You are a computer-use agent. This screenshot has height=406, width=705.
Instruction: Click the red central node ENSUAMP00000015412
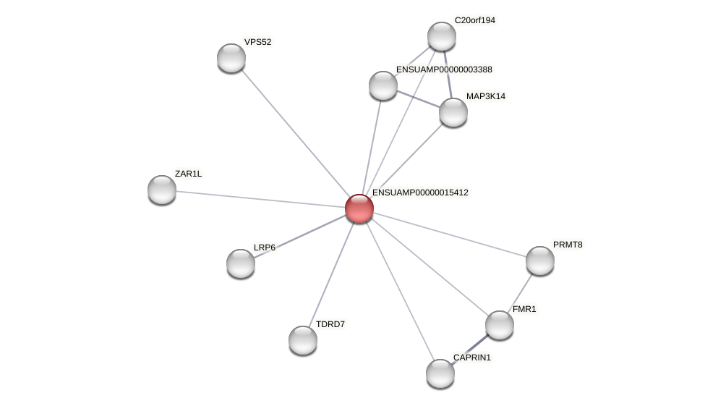(359, 208)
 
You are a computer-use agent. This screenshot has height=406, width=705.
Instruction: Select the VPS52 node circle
(231, 58)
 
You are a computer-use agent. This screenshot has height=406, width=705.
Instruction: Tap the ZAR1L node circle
(162, 190)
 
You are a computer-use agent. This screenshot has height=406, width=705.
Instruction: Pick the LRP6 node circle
(241, 263)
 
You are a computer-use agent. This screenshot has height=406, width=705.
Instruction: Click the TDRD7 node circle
(303, 340)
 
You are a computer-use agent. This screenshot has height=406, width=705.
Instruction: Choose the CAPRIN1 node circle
(440, 373)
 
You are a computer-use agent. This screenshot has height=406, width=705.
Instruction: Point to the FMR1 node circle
(500, 325)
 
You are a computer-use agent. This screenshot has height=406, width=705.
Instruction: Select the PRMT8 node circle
(540, 261)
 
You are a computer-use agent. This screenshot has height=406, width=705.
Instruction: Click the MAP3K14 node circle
(453, 112)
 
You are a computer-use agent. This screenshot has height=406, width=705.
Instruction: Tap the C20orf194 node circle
(442, 36)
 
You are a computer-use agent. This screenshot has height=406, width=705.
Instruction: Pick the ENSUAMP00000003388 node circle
(383, 85)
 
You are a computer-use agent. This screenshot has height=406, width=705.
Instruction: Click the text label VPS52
(257, 42)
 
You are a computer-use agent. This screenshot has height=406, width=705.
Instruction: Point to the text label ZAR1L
(188, 174)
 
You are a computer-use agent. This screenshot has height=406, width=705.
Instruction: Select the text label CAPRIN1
(471, 358)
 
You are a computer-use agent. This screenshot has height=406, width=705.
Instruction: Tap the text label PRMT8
(568, 245)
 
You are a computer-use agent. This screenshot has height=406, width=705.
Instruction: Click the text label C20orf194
(474, 20)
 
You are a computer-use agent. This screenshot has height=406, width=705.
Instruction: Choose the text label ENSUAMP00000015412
(420, 193)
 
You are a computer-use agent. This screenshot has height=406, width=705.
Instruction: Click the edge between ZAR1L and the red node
(260, 199)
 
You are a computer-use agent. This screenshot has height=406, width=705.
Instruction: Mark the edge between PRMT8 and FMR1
(521, 291)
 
